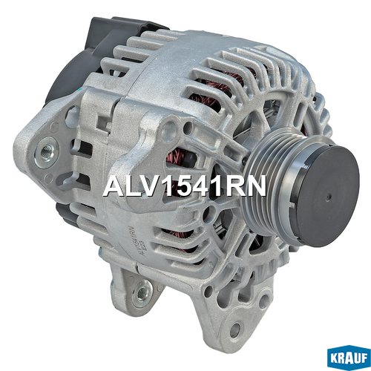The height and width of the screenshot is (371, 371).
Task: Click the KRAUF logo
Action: coord(349,358)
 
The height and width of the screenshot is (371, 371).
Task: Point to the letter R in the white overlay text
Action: coord(233,185)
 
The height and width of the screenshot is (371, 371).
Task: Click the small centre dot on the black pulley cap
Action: coord(329,197)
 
